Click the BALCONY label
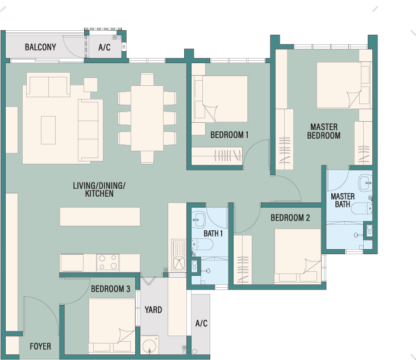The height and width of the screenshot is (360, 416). tap(40, 47)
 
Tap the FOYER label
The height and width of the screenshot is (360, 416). tap(40, 346)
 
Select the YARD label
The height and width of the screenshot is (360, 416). tap(153, 310)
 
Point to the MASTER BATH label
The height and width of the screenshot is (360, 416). tap(343, 200)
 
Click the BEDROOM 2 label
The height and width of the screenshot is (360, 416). tap(290, 218)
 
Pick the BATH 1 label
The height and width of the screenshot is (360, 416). tap(213, 233)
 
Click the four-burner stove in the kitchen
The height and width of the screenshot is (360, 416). tap(108, 262)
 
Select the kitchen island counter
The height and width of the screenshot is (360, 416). tap(100, 217)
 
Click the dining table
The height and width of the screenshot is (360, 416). tap(147, 118)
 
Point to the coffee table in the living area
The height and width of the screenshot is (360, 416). tap(48, 130)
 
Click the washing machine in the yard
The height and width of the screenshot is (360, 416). tap(149, 345)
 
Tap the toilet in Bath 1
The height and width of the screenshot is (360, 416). tap(202, 244)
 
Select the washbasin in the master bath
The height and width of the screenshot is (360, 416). tap(365, 183)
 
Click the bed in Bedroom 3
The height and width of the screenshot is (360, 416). tap(112, 326)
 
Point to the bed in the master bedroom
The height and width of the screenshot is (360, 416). tap(344, 85)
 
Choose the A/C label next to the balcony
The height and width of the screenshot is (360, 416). tap(104, 47)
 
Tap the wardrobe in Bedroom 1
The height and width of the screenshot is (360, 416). tap(217, 156)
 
